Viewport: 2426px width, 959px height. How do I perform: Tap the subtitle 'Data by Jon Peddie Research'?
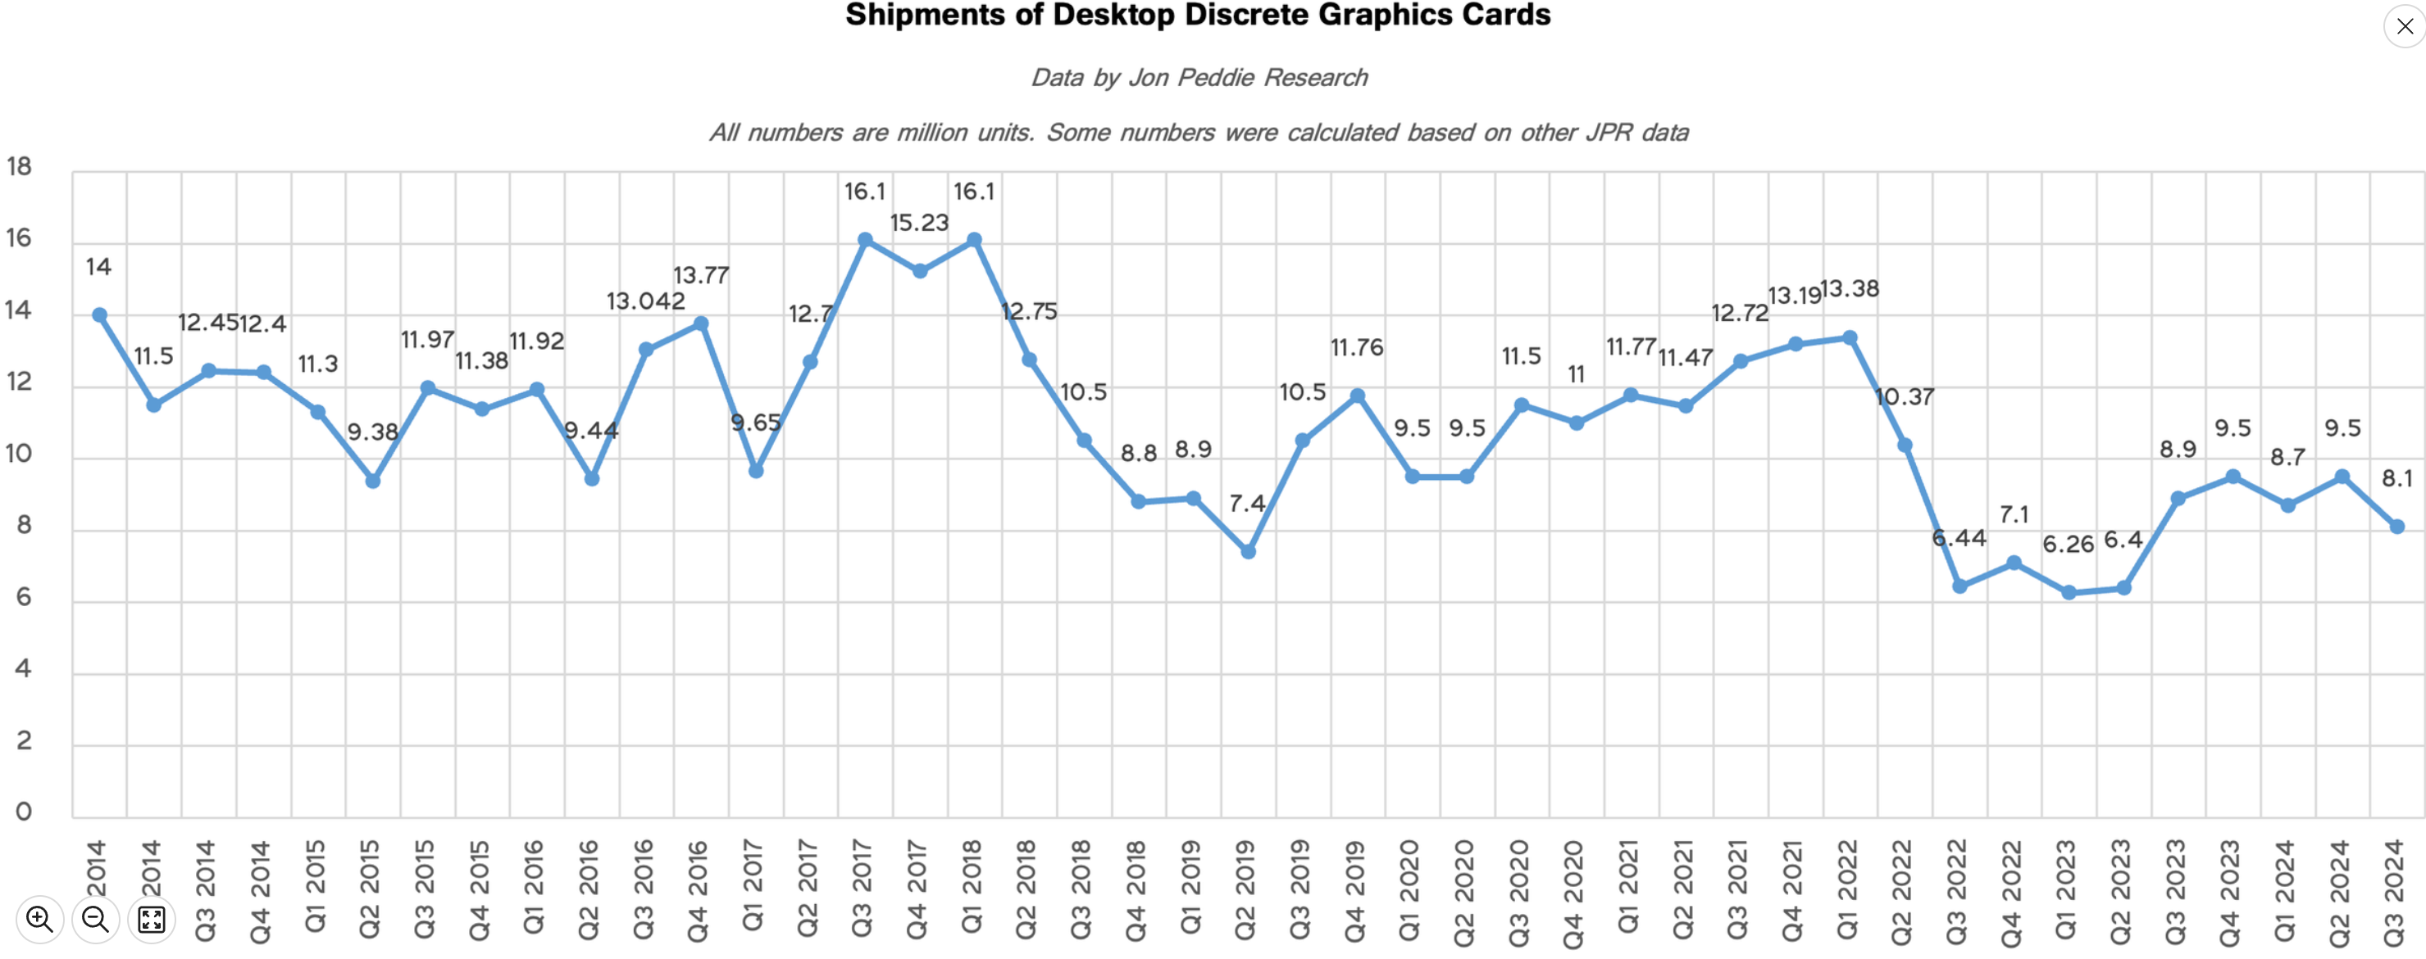click(1199, 77)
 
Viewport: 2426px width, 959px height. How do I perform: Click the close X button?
click(2405, 26)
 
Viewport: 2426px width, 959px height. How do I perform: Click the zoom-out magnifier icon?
click(95, 919)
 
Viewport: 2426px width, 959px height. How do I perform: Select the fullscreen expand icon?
click(151, 919)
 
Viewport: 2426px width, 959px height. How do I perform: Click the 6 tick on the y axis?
click(23, 598)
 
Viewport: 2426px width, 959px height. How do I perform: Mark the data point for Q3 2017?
click(864, 240)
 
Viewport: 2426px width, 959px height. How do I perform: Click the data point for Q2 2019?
click(1248, 551)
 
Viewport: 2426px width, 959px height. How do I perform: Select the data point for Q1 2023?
click(2069, 593)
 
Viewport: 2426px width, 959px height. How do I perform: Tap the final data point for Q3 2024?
click(2396, 527)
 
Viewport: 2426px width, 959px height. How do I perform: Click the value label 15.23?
click(919, 223)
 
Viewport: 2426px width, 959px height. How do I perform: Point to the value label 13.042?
click(645, 301)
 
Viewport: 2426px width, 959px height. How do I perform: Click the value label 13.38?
click(1850, 289)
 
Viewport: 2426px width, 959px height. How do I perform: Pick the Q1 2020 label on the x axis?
click(1410, 889)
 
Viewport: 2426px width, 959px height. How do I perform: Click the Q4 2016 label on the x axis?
click(698, 889)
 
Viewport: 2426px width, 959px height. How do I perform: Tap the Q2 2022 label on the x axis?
click(1902, 889)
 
